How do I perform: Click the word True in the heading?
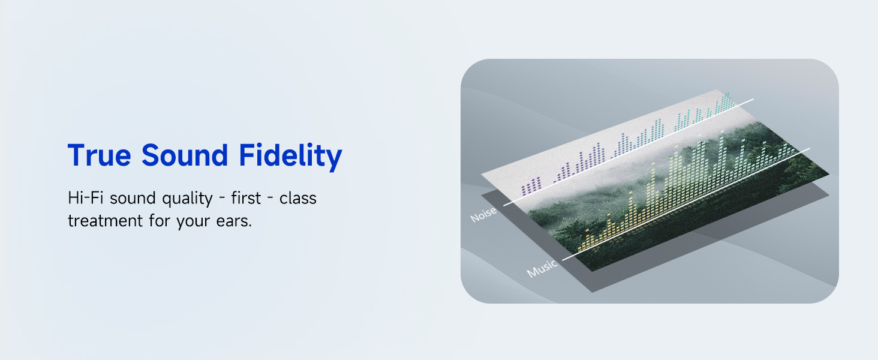pos(100,155)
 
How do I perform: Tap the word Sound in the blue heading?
pos(185,155)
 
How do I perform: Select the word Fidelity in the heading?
pos(290,157)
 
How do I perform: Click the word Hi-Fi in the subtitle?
pos(86,197)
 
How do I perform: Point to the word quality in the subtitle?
pos(187,199)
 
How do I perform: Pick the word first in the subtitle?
pos(246,197)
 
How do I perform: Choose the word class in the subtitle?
pos(298,197)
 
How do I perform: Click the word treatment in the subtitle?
pos(105,221)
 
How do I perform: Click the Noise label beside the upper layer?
pos(483,214)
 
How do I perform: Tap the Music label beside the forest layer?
pos(542,268)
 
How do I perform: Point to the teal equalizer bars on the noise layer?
pos(702,111)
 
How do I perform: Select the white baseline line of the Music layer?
pos(686,204)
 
